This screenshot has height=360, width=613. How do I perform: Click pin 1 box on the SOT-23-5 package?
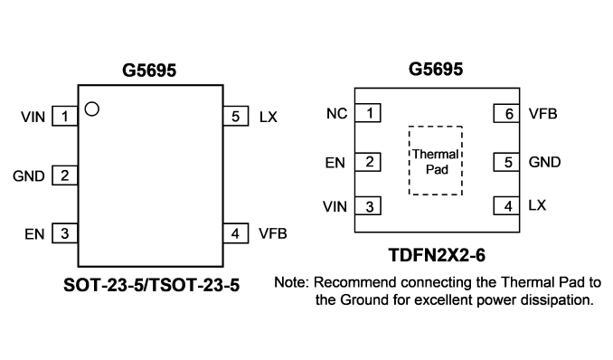65,116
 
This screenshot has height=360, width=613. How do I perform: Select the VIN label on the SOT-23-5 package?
33,117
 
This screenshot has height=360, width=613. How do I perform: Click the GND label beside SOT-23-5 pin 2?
29,176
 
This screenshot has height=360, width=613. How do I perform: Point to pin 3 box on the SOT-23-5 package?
65,233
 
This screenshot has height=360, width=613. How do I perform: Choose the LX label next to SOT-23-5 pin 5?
269,117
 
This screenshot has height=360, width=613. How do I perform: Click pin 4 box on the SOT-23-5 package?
236,233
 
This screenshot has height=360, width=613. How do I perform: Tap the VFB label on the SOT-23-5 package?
273,233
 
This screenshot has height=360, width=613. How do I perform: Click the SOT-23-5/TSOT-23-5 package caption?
151,285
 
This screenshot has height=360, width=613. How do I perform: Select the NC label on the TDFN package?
336,113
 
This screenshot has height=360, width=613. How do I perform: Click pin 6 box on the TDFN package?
506,113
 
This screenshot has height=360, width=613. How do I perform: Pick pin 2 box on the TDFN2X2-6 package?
368,162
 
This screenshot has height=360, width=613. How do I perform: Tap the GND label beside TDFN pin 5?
544,162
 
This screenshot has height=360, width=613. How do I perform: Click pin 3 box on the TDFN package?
368,206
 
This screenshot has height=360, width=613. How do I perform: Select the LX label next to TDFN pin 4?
537,205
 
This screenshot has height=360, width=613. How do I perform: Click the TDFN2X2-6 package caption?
437,255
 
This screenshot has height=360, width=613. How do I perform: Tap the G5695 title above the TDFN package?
436,70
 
